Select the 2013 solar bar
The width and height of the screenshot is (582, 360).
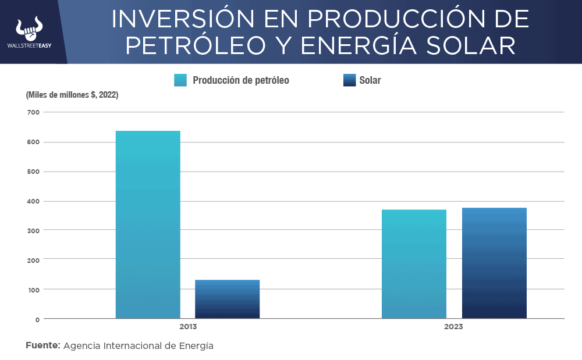point(227,299)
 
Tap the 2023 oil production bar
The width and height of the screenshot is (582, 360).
point(414,264)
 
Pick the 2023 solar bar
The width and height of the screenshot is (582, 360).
point(494,263)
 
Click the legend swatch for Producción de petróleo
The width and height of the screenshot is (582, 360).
point(180,80)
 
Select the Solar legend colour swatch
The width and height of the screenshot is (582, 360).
point(349,80)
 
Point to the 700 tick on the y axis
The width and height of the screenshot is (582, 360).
point(33,112)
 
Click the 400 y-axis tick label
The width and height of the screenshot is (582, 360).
point(33,201)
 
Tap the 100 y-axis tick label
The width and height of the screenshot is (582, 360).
point(33,290)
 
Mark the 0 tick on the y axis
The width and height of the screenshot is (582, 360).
point(37,319)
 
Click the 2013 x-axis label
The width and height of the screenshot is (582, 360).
point(188,327)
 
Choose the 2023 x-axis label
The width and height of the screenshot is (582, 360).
point(453,327)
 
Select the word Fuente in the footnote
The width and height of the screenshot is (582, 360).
point(42,345)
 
